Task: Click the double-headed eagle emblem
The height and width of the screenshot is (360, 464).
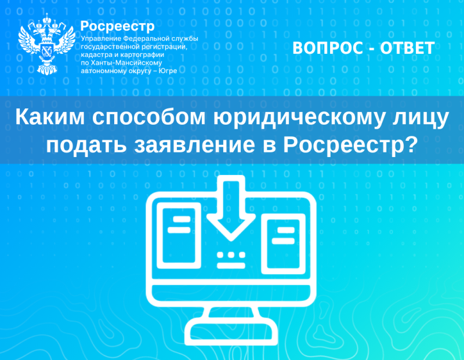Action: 47,44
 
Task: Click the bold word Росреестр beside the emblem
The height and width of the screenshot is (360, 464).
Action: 118,27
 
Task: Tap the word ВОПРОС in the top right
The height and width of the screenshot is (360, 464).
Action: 328,48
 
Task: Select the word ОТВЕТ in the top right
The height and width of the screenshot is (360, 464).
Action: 407,48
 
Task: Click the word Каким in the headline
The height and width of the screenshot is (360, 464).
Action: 50,117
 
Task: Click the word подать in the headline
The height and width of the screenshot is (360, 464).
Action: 86,146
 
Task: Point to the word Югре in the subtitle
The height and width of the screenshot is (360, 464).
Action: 168,71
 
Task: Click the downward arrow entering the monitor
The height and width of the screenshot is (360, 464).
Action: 231,208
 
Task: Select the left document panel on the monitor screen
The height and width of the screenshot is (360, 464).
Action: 179,235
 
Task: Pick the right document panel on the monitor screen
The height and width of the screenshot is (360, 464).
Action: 283,243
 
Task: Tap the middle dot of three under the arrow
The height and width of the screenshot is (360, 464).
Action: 231,255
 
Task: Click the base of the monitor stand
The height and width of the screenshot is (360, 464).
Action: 231,333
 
